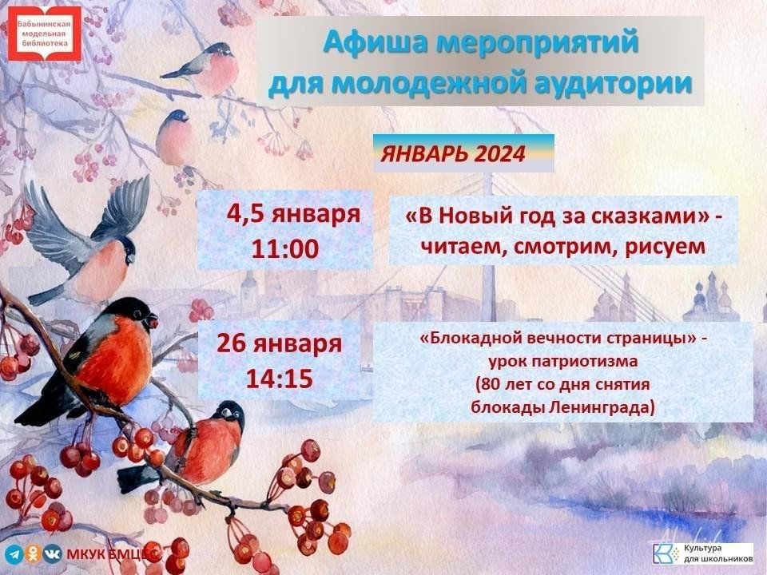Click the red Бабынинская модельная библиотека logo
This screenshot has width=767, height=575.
pos(45,33)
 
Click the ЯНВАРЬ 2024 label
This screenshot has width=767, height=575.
pos(452,154)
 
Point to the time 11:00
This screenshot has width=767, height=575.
pos(284,249)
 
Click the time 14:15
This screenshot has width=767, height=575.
pos(279,379)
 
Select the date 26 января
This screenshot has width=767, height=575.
pos(280,343)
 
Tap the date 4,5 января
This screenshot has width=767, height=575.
pos(293,214)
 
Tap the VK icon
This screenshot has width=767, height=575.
pos(53,553)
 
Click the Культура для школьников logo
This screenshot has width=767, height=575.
pos(703,553)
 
